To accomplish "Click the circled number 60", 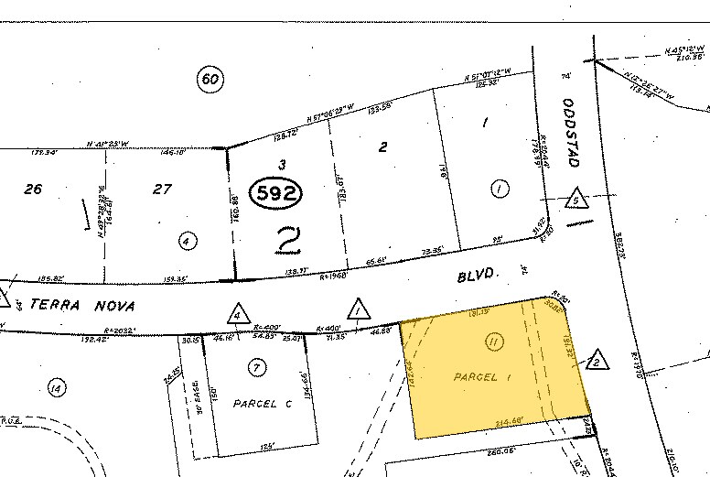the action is coord(210,80).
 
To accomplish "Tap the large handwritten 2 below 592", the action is coord(288,241).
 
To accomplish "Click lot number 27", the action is coord(163,190).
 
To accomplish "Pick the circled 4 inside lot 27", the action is coord(187,242).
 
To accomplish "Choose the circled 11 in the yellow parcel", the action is coord(493,342).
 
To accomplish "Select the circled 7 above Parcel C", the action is coord(256,367).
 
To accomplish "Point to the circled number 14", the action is coord(56,390).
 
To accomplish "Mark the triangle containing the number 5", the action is coord(576,198).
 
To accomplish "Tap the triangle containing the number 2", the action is coord(596,360).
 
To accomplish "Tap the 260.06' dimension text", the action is coord(503,450).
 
